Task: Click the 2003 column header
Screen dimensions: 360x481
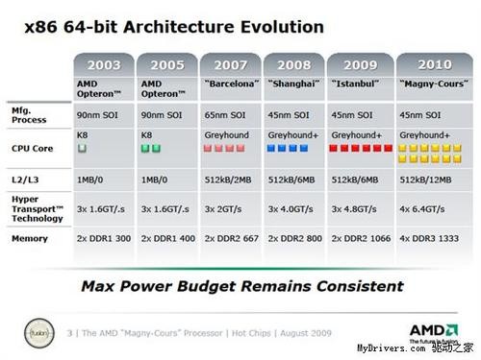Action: pyautogui.click(x=106, y=65)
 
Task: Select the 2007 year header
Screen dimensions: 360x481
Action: pyautogui.click(x=231, y=65)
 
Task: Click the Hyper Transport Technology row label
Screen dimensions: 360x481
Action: pyautogui.click(x=37, y=206)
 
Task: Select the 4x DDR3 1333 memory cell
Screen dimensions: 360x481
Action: pyautogui.click(x=430, y=237)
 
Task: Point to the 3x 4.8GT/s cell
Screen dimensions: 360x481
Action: pyautogui.click(x=356, y=208)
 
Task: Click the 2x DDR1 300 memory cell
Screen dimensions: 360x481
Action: pyautogui.click(x=105, y=237)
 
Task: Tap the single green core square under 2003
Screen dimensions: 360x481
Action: pyautogui.click(x=82, y=150)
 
